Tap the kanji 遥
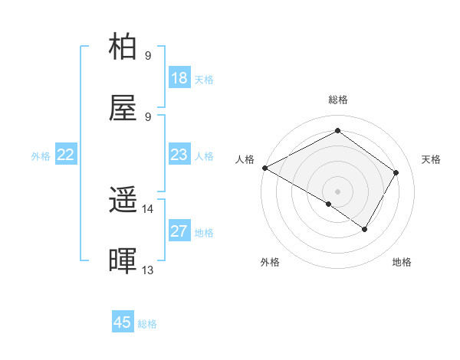point(123,201)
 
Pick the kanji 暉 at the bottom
point(123,262)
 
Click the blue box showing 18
point(179,78)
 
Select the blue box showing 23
point(179,155)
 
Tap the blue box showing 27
point(179,231)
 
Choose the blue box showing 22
point(66,155)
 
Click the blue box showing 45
point(123,322)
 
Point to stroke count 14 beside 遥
point(147,209)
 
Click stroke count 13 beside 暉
point(147,270)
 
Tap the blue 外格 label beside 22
point(41,156)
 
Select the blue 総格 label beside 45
point(148,324)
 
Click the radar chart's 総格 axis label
point(337,100)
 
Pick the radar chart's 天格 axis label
point(431,159)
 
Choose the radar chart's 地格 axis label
point(402,262)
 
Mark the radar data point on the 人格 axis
point(264,167)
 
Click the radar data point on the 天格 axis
point(396,172)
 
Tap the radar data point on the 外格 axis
point(329,204)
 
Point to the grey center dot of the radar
point(337,191)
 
